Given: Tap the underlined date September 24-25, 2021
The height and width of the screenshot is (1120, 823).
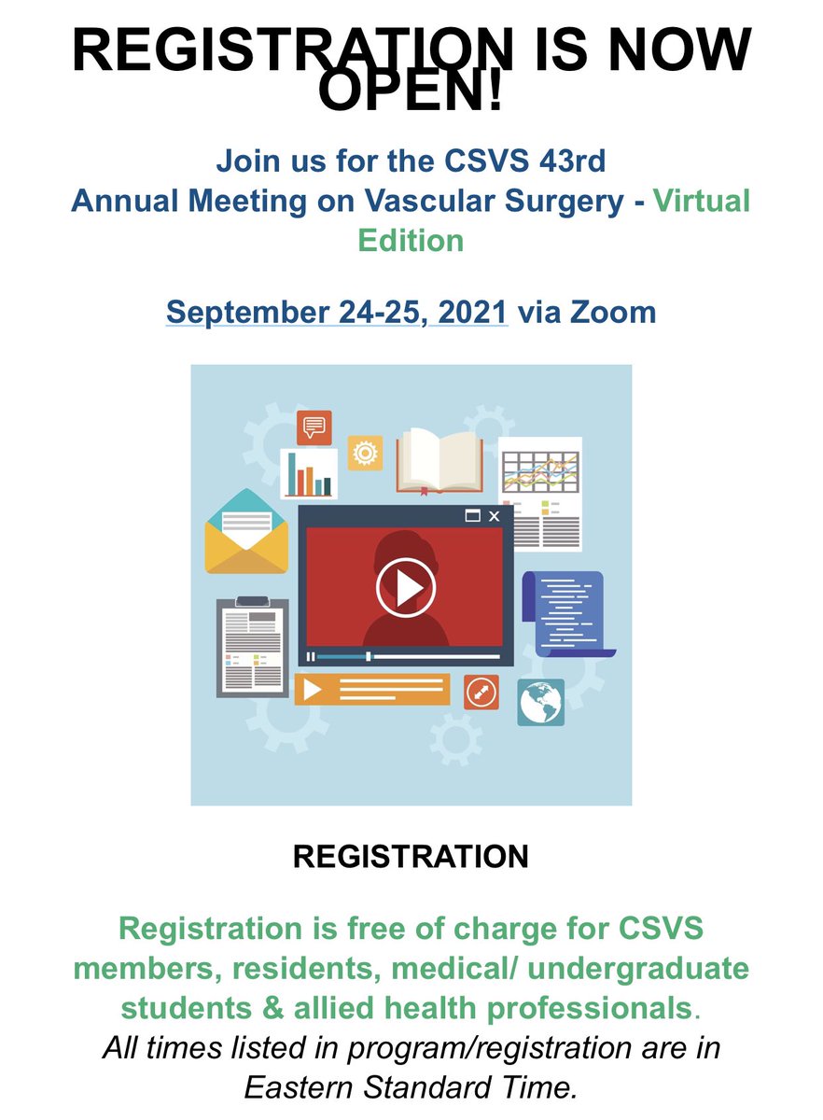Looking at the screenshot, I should coord(337,311).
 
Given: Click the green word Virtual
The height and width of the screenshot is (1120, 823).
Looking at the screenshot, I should coord(702,200).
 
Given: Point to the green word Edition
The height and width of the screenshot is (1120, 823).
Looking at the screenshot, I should coord(411,240).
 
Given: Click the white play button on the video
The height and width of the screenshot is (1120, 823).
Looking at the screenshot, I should coord(406,587).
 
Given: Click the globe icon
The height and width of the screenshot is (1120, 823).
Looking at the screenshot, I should coord(541,702).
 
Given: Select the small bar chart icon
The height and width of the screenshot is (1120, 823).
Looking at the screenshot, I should coord(309,474).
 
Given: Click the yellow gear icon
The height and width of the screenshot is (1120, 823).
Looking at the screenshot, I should coord(365,453).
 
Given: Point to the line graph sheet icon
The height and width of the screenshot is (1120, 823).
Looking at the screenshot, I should coord(539,490).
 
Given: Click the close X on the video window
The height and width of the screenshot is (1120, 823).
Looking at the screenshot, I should coord(495,516).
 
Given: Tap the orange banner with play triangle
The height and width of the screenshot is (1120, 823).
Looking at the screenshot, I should coord(371,690).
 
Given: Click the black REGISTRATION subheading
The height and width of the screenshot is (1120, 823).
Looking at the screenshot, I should coord(411,856).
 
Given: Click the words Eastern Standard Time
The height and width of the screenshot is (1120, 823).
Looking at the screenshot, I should coord(411,1087).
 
